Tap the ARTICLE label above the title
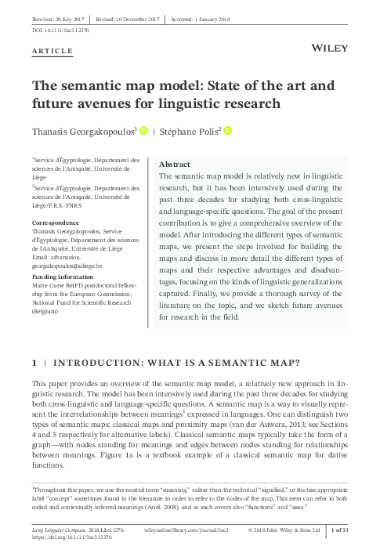(x=52, y=51)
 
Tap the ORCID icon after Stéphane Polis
(x=228, y=130)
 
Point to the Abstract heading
(x=175, y=165)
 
